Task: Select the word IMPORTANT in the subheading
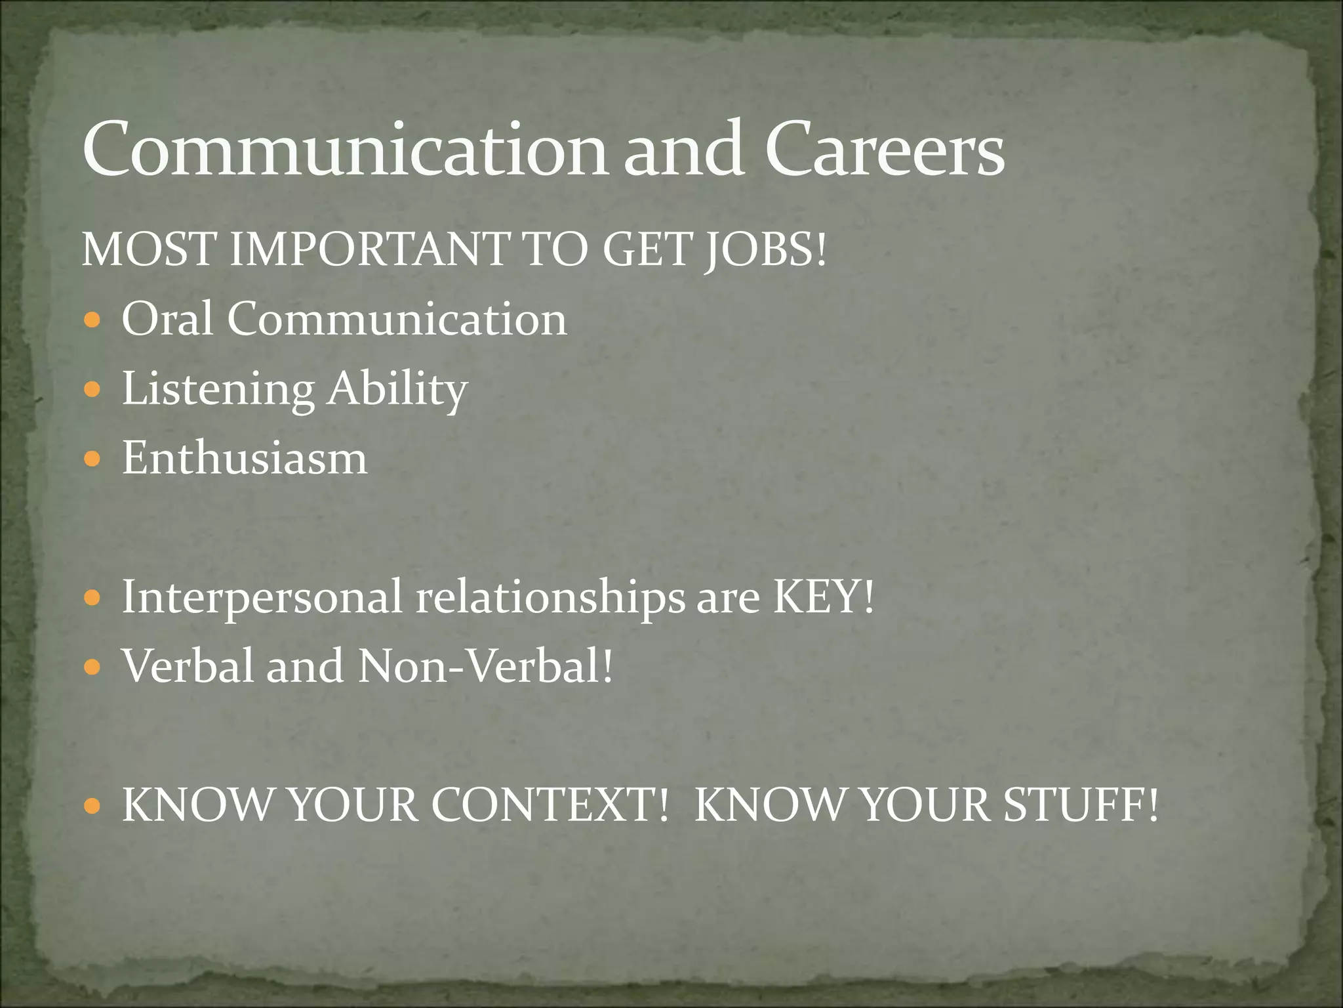point(370,250)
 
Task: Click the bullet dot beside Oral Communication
point(92,322)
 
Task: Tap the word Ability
point(397,390)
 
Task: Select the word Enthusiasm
point(245,458)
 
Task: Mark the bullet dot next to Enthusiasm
point(92,460)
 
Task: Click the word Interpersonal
point(262,598)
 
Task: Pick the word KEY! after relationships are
point(824,597)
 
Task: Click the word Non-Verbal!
point(485,666)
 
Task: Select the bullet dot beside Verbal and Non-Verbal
point(92,668)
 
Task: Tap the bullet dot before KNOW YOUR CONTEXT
point(92,807)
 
